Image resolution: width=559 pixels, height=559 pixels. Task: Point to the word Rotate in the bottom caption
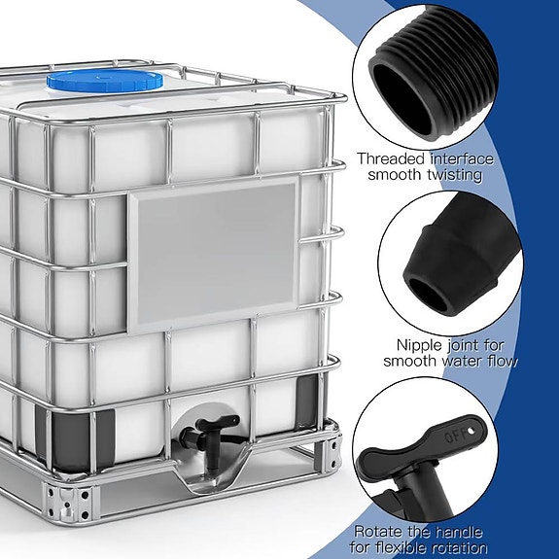[x=379, y=531]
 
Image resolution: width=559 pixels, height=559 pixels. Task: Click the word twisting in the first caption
[x=456, y=176]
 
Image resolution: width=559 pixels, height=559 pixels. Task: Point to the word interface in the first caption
[x=462, y=158]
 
